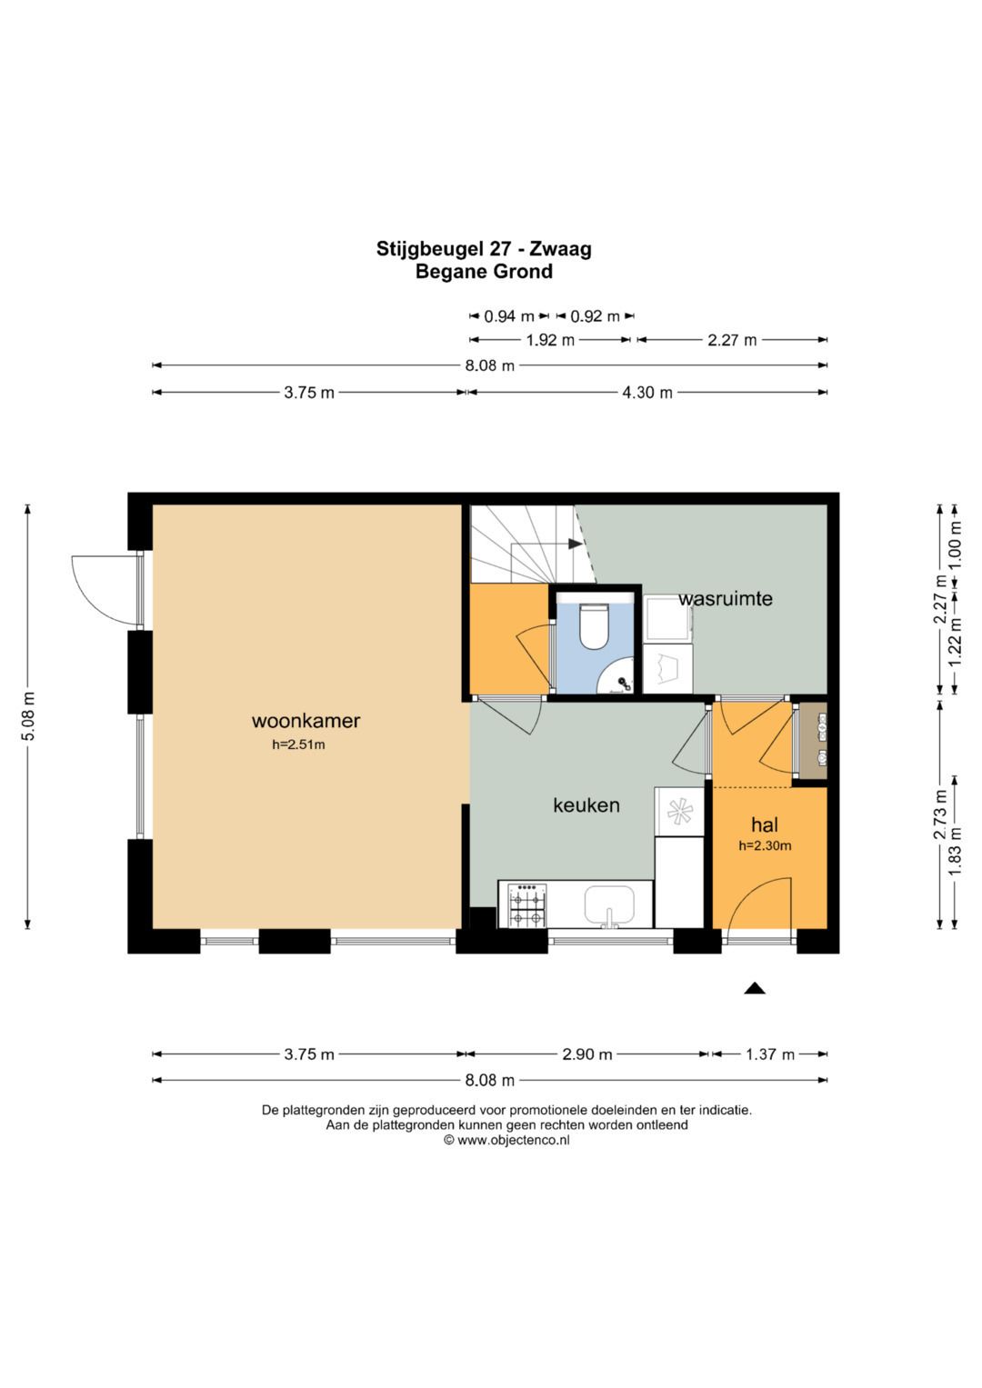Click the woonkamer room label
[x=306, y=721]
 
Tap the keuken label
[x=586, y=805]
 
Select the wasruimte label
[x=726, y=599]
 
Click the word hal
[x=765, y=824]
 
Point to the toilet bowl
[x=594, y=626]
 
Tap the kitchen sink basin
[x=609, y=904]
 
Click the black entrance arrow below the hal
[x=754, y=988]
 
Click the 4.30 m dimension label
[x=647, y=393]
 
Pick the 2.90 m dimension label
[x=587, y=1054]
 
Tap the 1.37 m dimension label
[x=769, y=1054]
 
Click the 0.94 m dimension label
[x=508, y=316]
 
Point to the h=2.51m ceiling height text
[x=298, y=744]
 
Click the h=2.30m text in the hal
[x=765, y=845]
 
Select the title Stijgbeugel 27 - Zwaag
[x=484, y=248]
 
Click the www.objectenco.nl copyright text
[x=506, y=1140]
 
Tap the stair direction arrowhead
[x=575, y=544]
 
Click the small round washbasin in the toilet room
[x=616, y=676]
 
